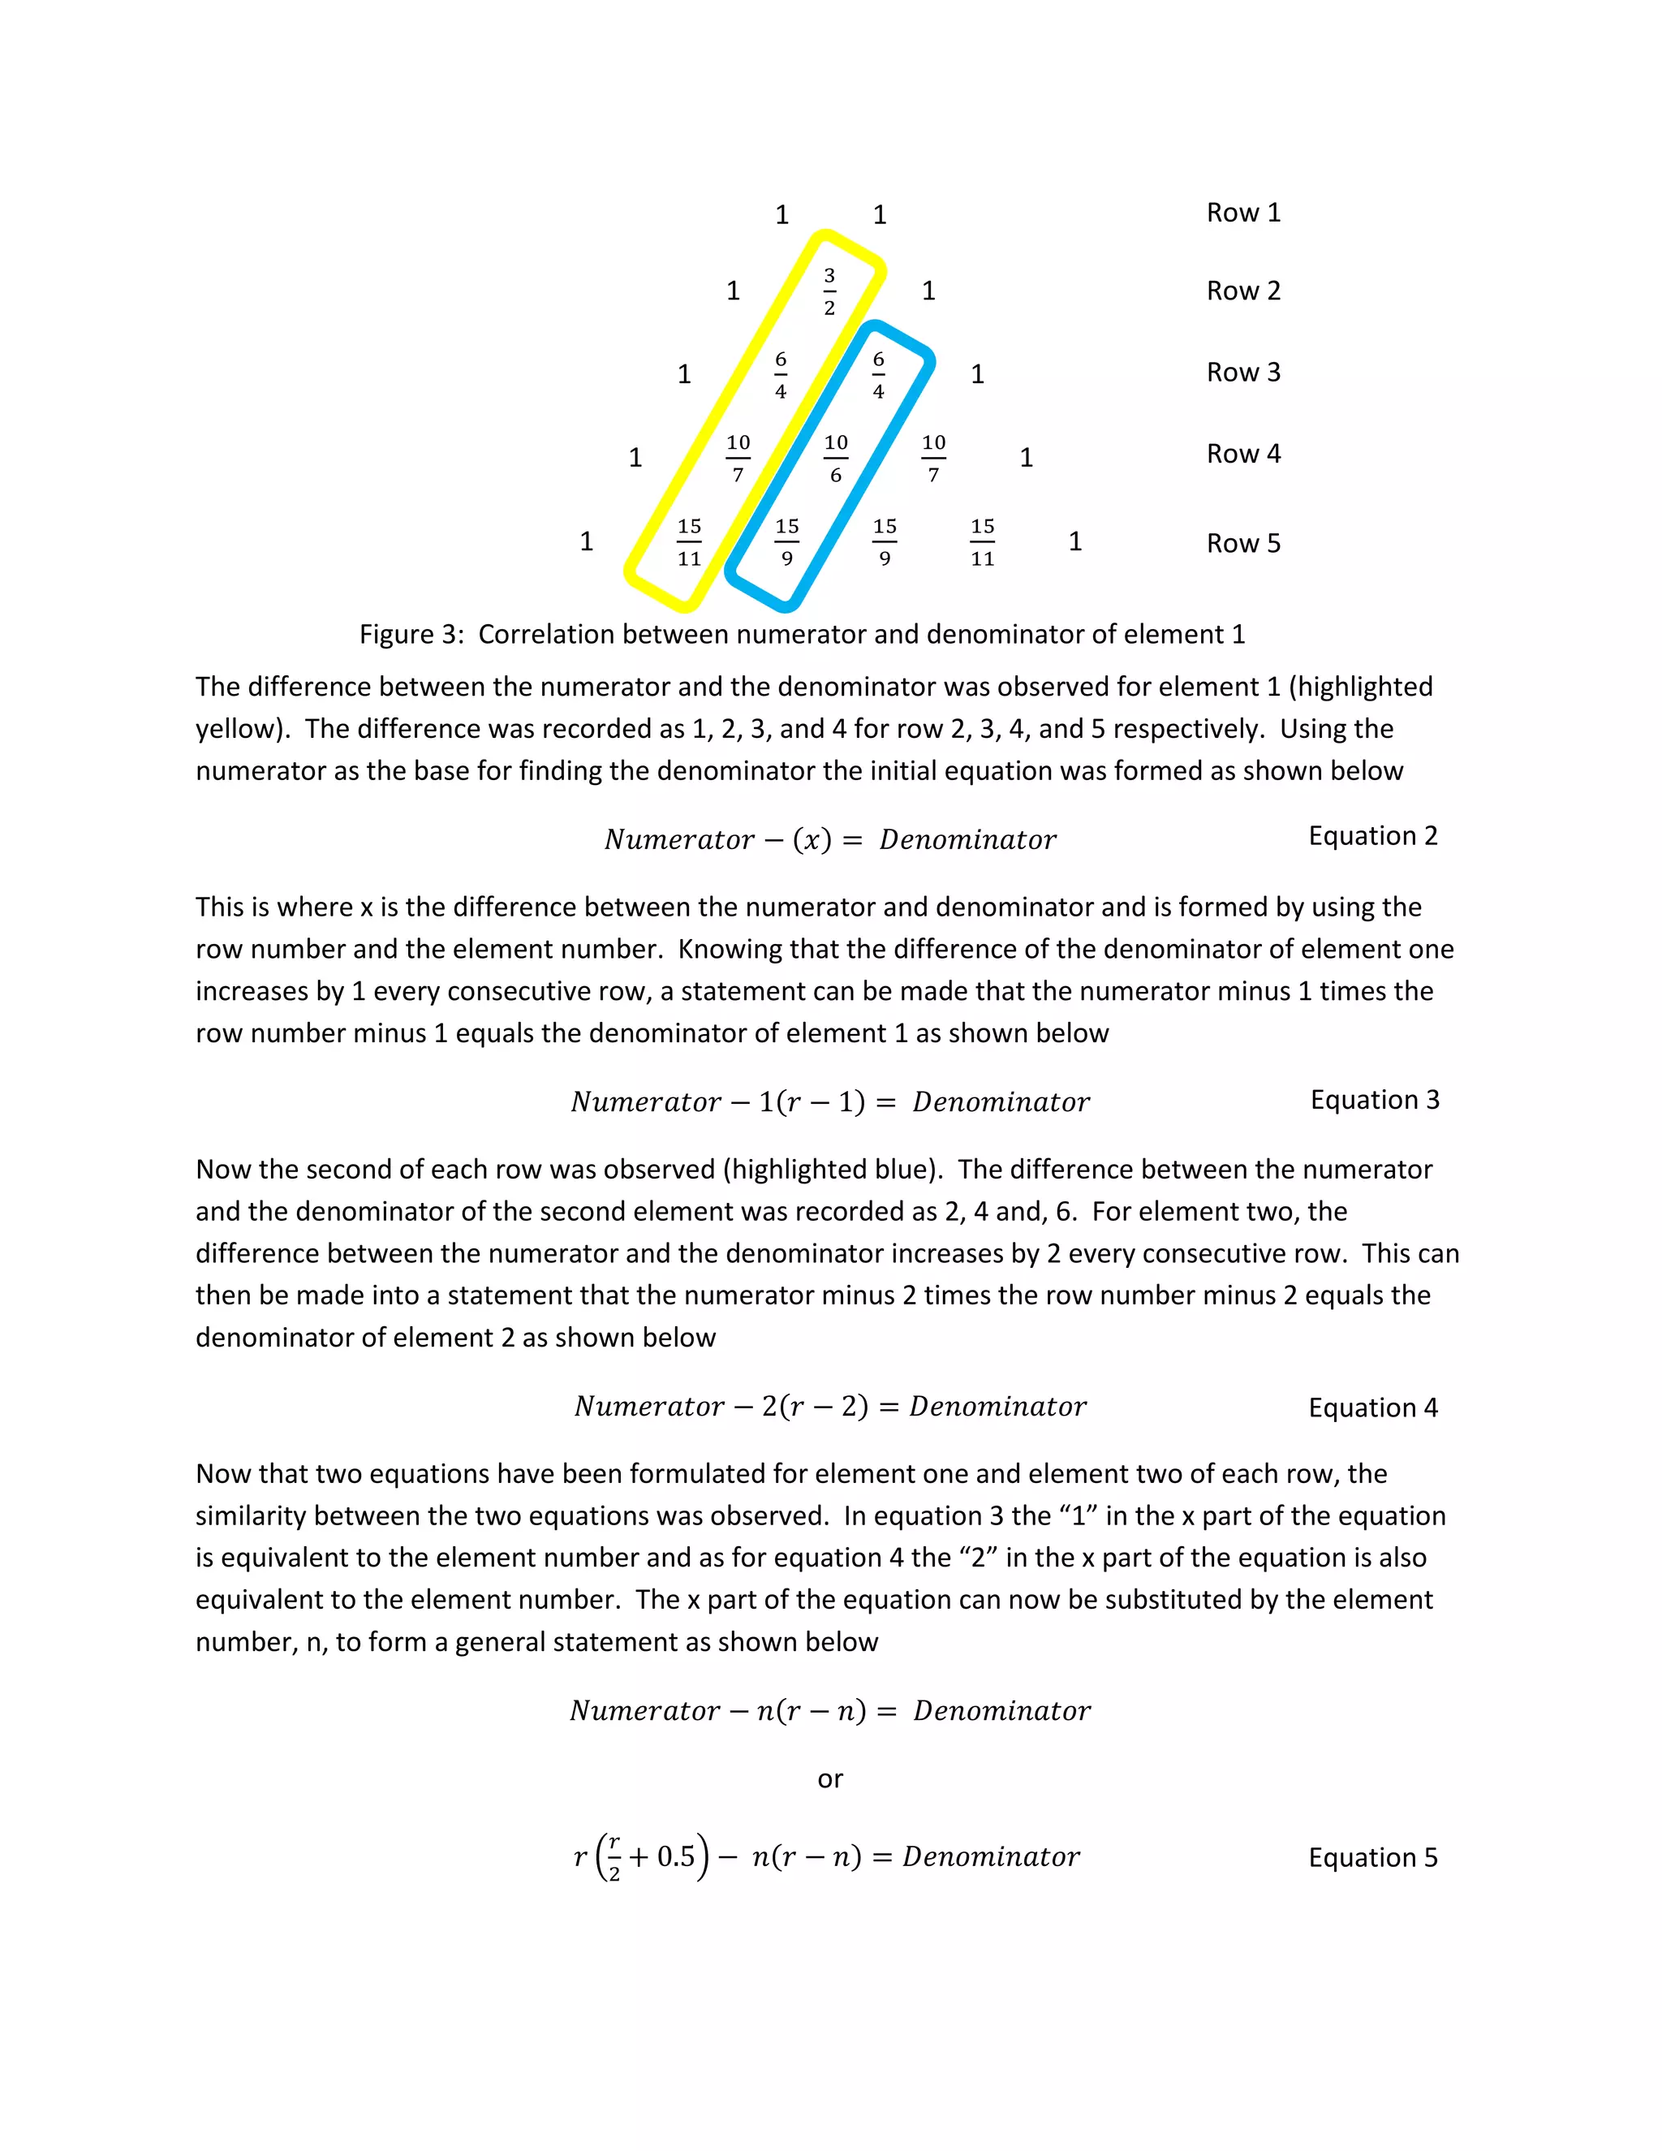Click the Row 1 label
[1242, 213]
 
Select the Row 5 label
[1242, 544]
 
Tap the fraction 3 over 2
[829, 291]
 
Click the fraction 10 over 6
[835, 459]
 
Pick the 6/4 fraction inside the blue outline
[878, 375]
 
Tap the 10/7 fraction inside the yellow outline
[738, 459]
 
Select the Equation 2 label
[1372, 836]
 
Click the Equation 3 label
[1375, 1100]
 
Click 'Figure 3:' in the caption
[411, 634]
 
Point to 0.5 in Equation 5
[675, 1856]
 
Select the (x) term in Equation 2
[812, 840]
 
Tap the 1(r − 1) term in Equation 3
[812, 1102]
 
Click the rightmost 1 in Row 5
[1075, 541]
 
